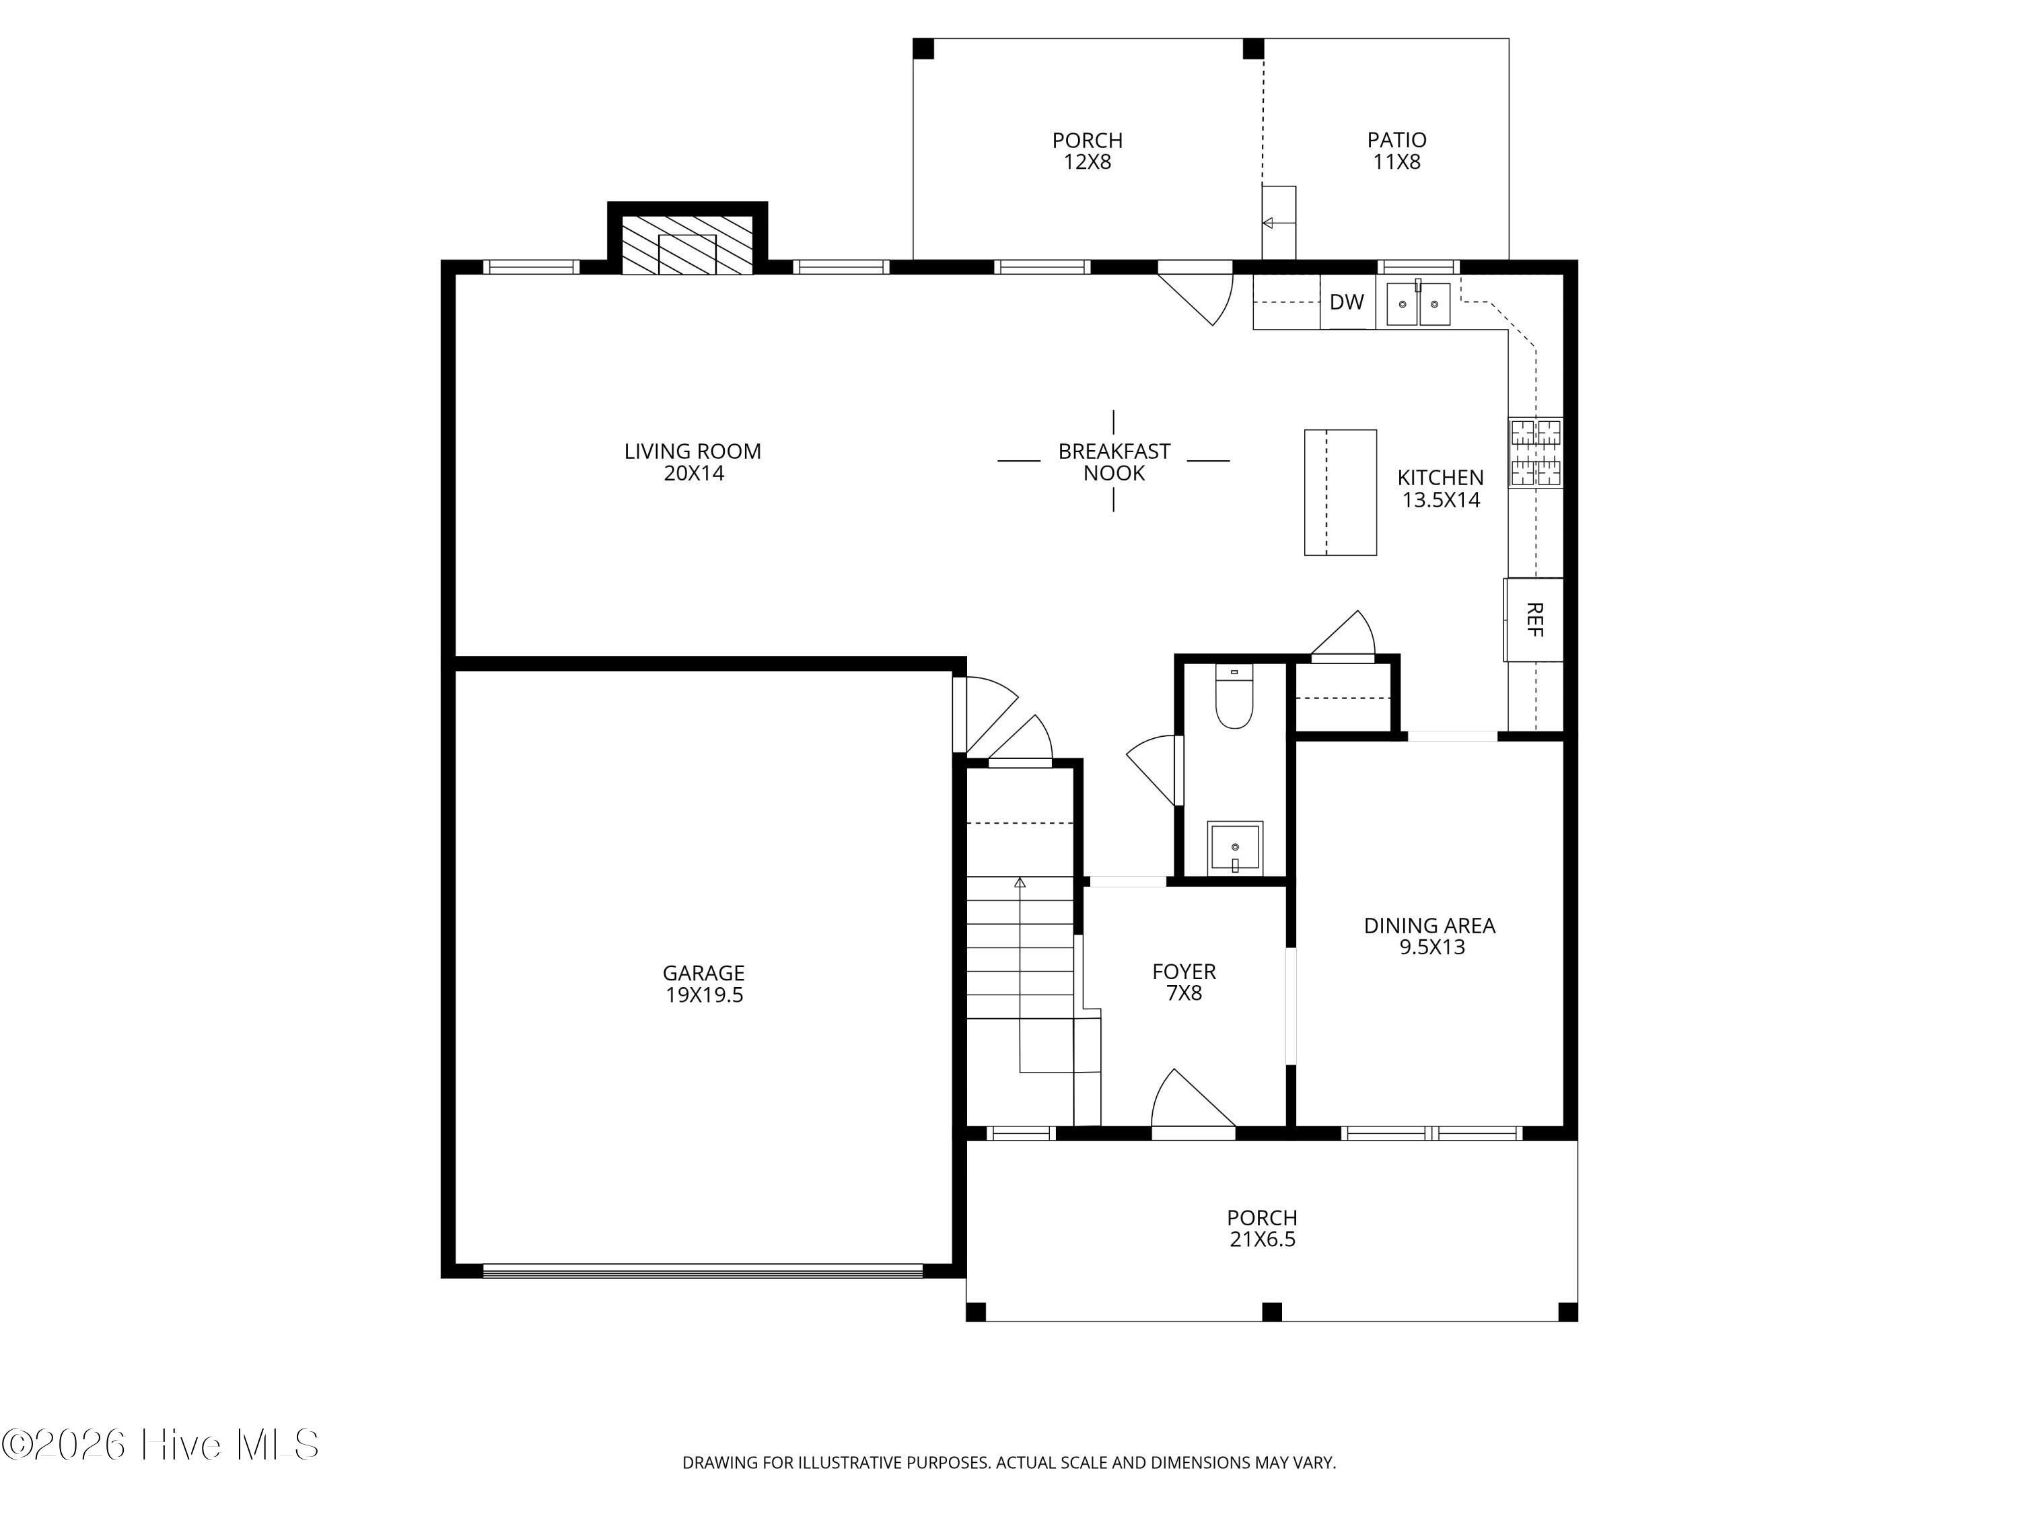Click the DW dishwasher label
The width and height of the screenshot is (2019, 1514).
pyautogui.click(x=1346, y=302)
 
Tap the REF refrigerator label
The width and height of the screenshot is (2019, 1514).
pyautogui.click(x=1534, y=620)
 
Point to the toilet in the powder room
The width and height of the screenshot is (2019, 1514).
pyautogui.click(x=1234, y=696)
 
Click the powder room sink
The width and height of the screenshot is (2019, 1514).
pyautogui.click(x=1235, y=848)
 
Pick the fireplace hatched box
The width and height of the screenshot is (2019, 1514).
pyautogui.click(x=687, y=244)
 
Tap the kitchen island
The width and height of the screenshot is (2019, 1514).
pyautogui.click(x=1340, y=492)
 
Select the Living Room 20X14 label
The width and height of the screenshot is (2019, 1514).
pyautogui.click(x=693, y=462)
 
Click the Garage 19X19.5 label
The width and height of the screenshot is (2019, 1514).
pyautogui.click(x=704, y=984)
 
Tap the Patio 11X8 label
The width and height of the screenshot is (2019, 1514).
pyautogui.click(x=1396, y=151)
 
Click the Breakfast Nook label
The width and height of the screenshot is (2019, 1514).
pyautogui.click(x=1114, y=462)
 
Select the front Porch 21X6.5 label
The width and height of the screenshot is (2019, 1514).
pyautogui.click(x=1263, y=1228)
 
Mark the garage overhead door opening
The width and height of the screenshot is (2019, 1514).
pyautogui.click(x=703, y=1270)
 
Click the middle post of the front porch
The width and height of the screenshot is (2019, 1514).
pyautogui.click(x=1271, y=1311)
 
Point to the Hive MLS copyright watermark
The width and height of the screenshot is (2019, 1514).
pyautogui.click(x=161, y=1445)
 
